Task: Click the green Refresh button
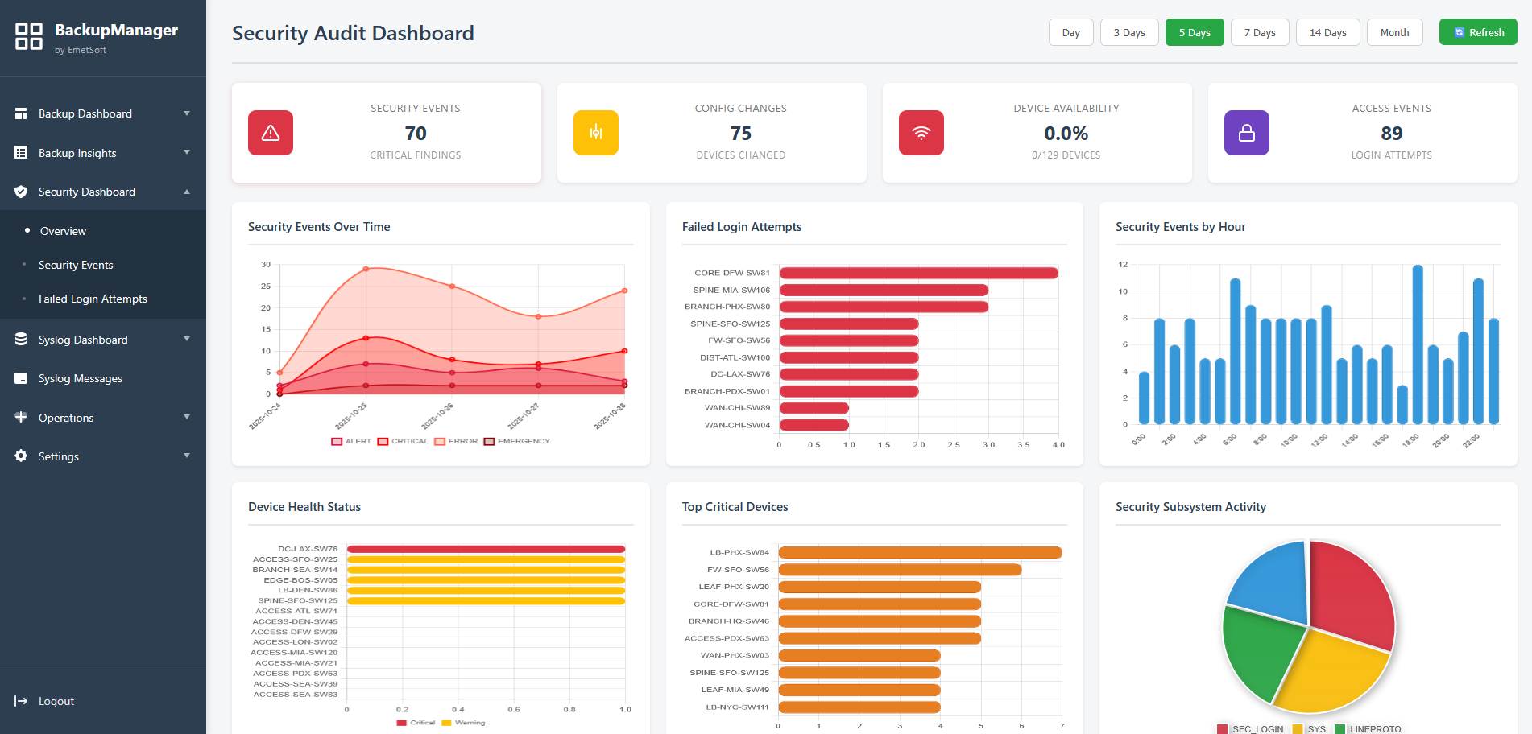(1478, 32)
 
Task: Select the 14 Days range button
(1327, 32)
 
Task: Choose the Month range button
(1394, 32)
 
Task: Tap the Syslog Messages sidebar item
(81, 378)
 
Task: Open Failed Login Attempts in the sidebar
(93, 299)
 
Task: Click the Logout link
(56, 701)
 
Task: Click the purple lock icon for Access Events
(1246, 133)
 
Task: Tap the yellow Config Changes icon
(595, 133)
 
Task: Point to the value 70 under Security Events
(416, 134)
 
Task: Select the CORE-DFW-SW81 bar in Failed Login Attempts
(918, 273)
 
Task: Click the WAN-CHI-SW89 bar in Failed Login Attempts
(814, 408)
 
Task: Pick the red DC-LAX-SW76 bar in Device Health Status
(486, 549)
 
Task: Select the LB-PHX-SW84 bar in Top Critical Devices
(920, 552)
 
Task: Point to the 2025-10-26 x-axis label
(437, 416)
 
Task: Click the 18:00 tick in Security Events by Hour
(1410, 440)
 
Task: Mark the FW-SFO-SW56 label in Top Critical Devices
(738, 570)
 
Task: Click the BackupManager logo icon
(29, 36)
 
